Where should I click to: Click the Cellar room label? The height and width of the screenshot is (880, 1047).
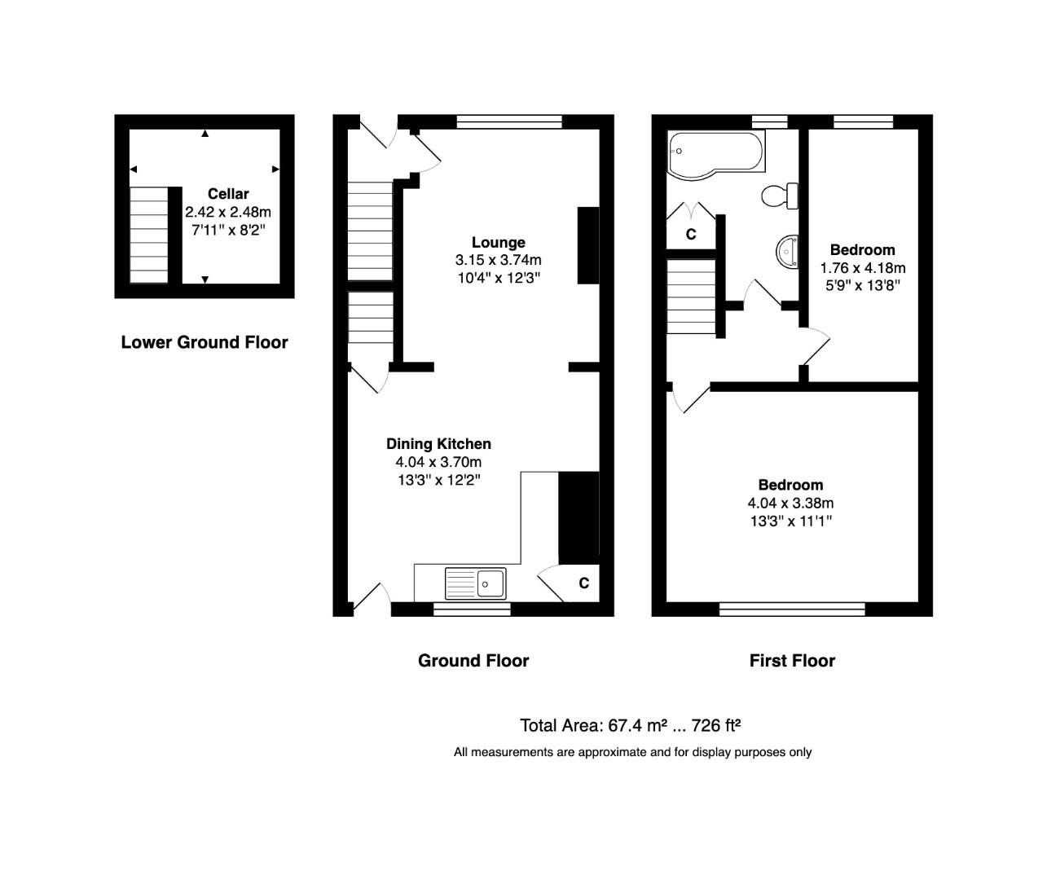click(x=228, y=194)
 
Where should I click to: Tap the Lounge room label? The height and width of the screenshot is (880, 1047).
click(x=498, y=243)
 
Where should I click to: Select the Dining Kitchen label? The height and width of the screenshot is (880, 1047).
click(x=438, y=444)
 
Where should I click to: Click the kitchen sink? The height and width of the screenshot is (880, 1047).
click(x=475, y=583)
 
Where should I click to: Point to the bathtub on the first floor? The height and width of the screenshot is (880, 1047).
click(x=715, y=153)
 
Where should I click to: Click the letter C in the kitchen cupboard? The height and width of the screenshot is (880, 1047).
click(x=583, y=583)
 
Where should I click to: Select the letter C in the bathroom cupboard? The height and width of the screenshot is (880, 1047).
click(x=691, y=235)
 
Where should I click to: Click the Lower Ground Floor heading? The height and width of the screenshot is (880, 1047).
click(x=205, y=342)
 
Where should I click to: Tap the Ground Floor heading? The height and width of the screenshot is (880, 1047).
click(x=473, y=661)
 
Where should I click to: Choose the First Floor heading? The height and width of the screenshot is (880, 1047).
click(x=792, y=661)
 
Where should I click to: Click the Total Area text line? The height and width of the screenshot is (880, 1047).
click(x=630, y=725)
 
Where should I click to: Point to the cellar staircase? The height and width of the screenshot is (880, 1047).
click(x=149, y=235)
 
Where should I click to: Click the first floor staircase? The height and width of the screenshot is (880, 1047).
click(x=691, y=296)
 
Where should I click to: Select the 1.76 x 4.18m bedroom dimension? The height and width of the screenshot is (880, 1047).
click(x=862, y=268)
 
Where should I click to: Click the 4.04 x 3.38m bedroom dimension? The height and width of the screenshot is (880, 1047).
click(x=790, y=504)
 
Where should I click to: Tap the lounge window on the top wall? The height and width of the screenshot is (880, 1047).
click(x=509, y=122)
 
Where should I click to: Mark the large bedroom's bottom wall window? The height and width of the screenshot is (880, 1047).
click(x=792, y=609)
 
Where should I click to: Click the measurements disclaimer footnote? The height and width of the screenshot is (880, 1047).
click(x=632, y=752)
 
